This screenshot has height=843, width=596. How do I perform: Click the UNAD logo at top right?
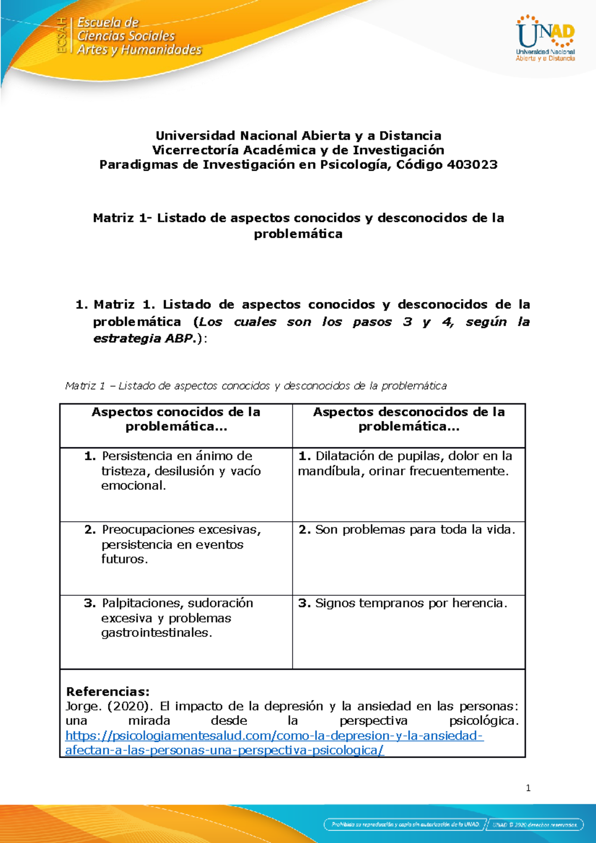coord(545,39)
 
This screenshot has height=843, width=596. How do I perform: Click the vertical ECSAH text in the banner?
coord(62,35)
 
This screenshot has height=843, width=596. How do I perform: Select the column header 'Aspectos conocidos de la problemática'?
coord(176,420)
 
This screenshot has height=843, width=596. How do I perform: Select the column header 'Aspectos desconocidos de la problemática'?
coord(408,420)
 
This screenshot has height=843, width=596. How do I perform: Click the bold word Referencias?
coord(108,692)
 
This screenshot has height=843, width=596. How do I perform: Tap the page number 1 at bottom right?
coord(528,788)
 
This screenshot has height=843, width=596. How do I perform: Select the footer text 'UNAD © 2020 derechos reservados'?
coord(534,824)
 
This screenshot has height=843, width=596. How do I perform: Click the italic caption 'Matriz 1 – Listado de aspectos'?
coord(256,386)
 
